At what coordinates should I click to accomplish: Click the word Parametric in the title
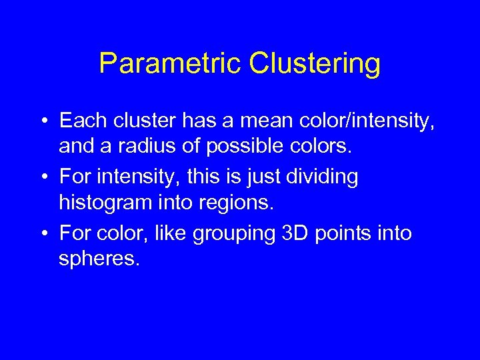170,64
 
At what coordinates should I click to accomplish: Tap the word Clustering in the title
315,64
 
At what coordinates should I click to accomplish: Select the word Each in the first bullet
79,121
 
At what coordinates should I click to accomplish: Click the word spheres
99,258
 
